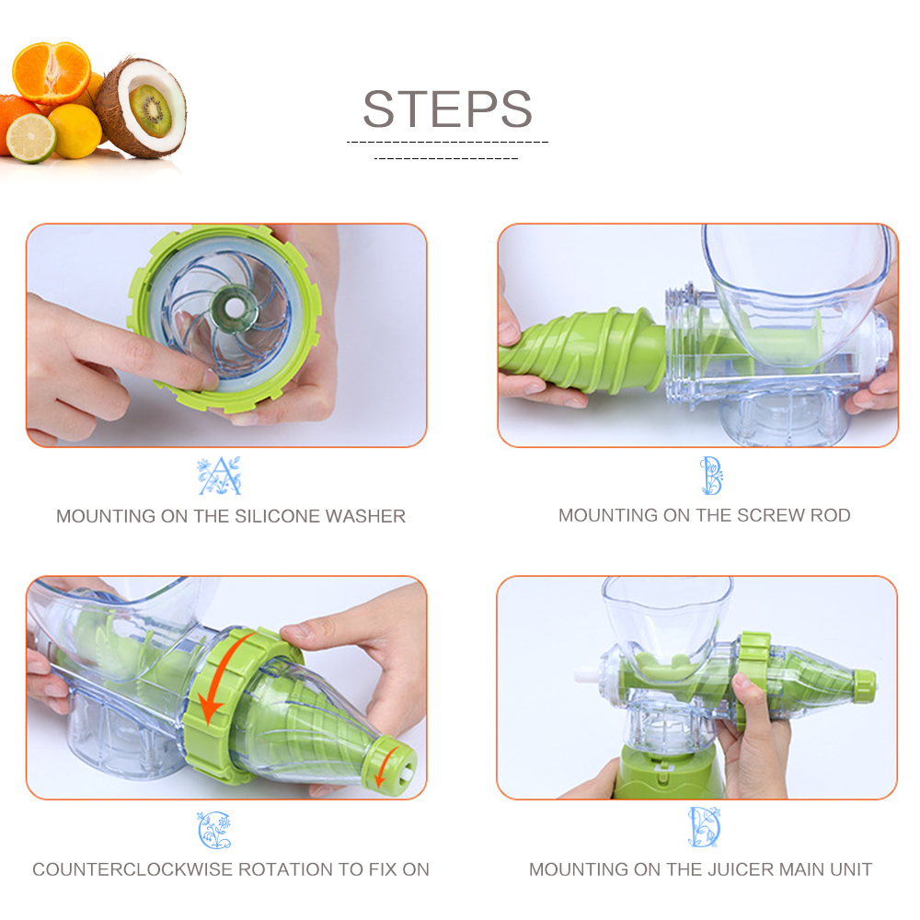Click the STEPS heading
coord(447,109)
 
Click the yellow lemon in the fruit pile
coord(75,130)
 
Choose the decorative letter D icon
coord(704,827)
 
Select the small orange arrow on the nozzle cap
coord(393,760)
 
